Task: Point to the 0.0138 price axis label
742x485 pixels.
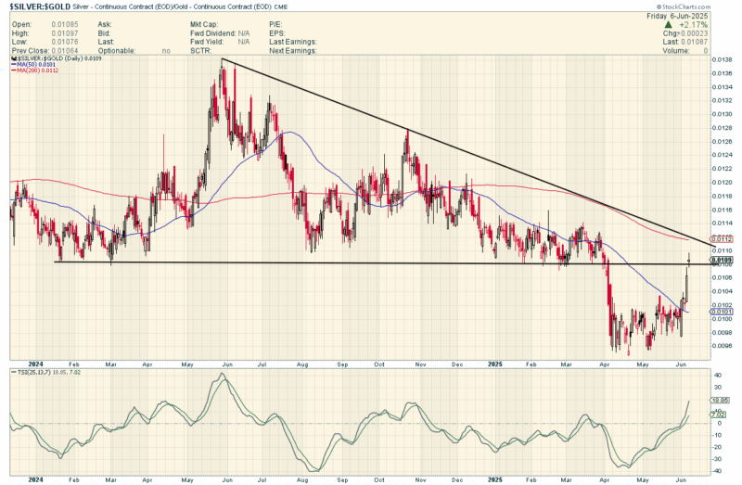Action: coord(721,60)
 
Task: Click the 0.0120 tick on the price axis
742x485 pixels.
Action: coord(721,183)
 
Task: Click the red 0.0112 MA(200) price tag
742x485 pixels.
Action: coord(725,238)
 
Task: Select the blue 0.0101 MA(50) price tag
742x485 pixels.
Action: coord(725,312)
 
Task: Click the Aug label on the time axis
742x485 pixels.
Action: coord(301,364)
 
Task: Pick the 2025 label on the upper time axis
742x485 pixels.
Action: coord(494,364)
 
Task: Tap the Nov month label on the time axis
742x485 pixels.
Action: coord(418,364)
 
